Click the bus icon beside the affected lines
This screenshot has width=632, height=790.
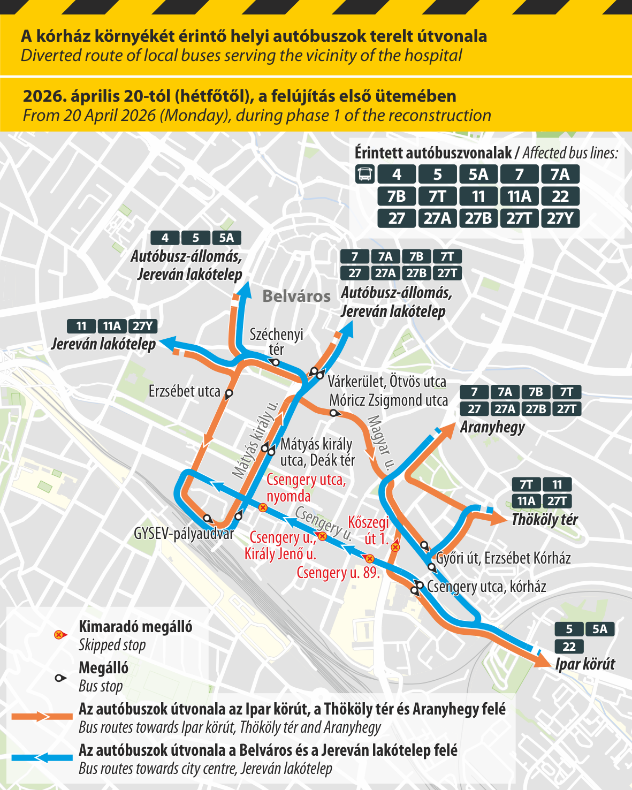[365, 174]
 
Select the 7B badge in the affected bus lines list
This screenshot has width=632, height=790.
[397, 196]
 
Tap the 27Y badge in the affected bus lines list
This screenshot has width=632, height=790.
[560, 218]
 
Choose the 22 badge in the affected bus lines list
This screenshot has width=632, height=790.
[560, 196]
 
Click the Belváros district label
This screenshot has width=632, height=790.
[296, 297]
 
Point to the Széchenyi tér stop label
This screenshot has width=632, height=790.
[276, 341]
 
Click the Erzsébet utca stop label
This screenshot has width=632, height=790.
[184, 391]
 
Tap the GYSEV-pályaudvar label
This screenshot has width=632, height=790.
[184, 534]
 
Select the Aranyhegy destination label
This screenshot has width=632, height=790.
[492, 427]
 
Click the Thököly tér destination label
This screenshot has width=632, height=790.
[544, 519]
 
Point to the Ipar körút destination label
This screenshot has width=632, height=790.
[585, 664]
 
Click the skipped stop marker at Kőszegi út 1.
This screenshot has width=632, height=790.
[395, 546]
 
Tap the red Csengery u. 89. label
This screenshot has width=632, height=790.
[338, 573]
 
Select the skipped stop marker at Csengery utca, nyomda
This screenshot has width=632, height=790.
[263, 507]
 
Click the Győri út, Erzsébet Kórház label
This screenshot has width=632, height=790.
[503, 558]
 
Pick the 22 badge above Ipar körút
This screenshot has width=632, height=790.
[569, 647]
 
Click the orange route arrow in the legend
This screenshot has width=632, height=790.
[42, 716]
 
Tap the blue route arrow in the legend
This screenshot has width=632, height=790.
[42, 757]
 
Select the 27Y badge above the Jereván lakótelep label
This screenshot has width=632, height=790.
[143, 326]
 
